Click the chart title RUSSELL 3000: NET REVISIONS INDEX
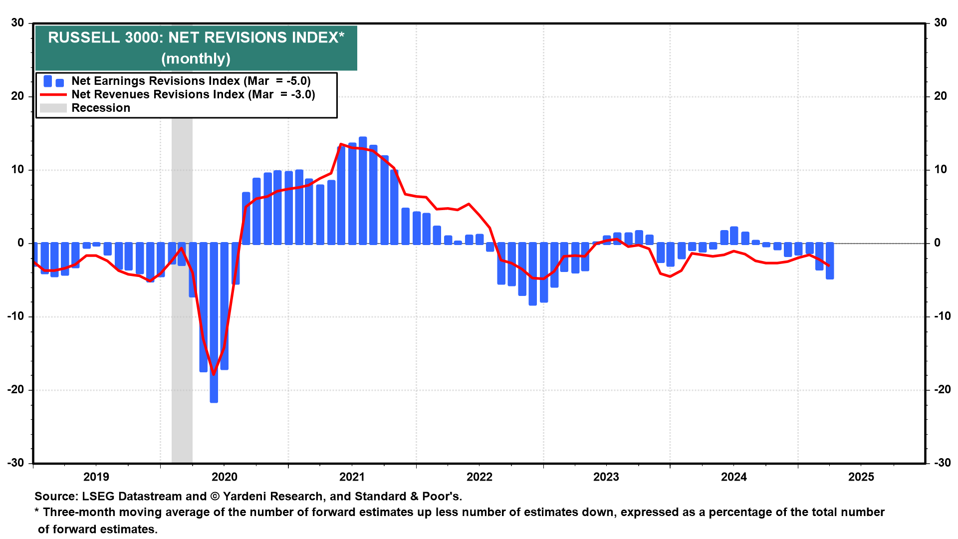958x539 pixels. click(196, 37)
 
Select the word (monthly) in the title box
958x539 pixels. click(196, 59)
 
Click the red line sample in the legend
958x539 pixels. click(53, 94)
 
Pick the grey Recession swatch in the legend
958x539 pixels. click(53, 108)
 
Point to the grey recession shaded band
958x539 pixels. click(182, 349)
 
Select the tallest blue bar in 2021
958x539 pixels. click(363, 190)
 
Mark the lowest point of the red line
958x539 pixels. click(214, 374)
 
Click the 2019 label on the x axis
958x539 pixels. click(96, 477)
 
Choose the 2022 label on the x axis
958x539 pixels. click(479, 477)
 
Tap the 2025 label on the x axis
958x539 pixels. click(861, 477)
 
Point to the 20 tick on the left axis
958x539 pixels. click(18, 96)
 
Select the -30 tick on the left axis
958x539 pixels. click(16, 463)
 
